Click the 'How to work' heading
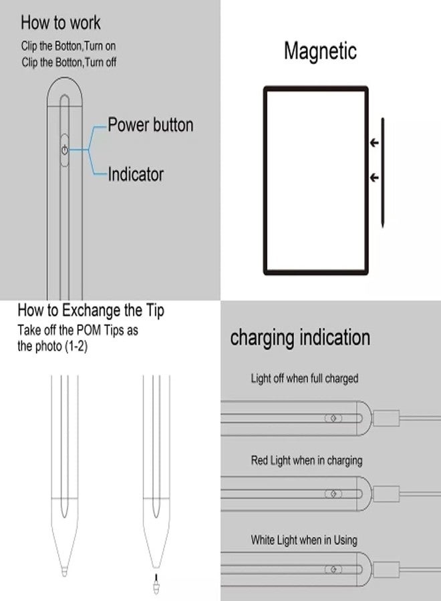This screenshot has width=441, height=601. pyautogui.click(x=60, y=23)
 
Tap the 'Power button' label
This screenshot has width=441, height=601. pyautogui.click(x=150, y=125)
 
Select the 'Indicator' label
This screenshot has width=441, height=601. pyautogui.click(x=136, y=175)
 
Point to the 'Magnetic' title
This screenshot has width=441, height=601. pyautogui.click(x=320, y=51)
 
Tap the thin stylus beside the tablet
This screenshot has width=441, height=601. pyautogui.click(x=383, y=172)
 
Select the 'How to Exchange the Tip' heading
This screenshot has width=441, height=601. pyautogui.click(x=91, y=310)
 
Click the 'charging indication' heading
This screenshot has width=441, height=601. pyautogui.click(x=300, y=337)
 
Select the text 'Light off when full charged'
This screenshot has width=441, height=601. pyautogui.click(x=305, y=379)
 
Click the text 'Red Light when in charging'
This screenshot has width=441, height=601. pyautogui.click(x=307, y=461)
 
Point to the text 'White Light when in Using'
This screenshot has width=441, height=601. pyautogui.click(x=304, y=540)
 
